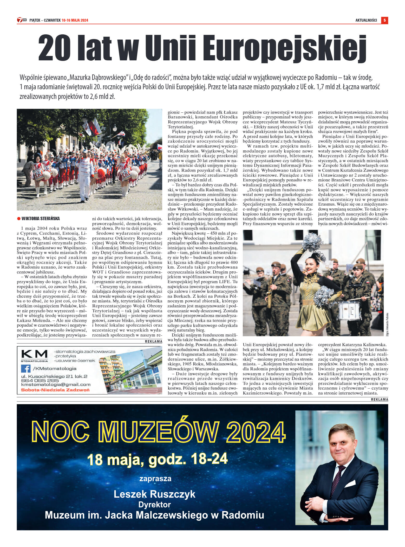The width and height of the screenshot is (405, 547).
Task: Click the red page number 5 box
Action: pos(384,20)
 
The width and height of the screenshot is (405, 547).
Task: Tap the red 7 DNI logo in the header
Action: pos(22,20)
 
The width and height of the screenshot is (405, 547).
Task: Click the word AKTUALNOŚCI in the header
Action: pos(366,20)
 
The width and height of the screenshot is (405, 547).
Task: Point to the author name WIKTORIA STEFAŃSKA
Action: pos(41,219)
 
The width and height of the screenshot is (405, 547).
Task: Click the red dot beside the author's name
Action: pos(19,219)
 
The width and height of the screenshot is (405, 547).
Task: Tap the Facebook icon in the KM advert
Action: pos(25,368)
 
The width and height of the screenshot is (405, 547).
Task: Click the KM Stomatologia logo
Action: pos(34,355)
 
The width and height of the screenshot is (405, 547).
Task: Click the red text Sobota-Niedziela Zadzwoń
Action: pos(55,390)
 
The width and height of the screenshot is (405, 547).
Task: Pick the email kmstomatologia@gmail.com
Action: pos(56,385)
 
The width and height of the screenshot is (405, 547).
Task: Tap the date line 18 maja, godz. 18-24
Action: pos(158,459)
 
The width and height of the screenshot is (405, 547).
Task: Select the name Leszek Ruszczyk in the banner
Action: pos(154,494)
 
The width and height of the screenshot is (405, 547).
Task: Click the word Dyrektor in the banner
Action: pos(154,505)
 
